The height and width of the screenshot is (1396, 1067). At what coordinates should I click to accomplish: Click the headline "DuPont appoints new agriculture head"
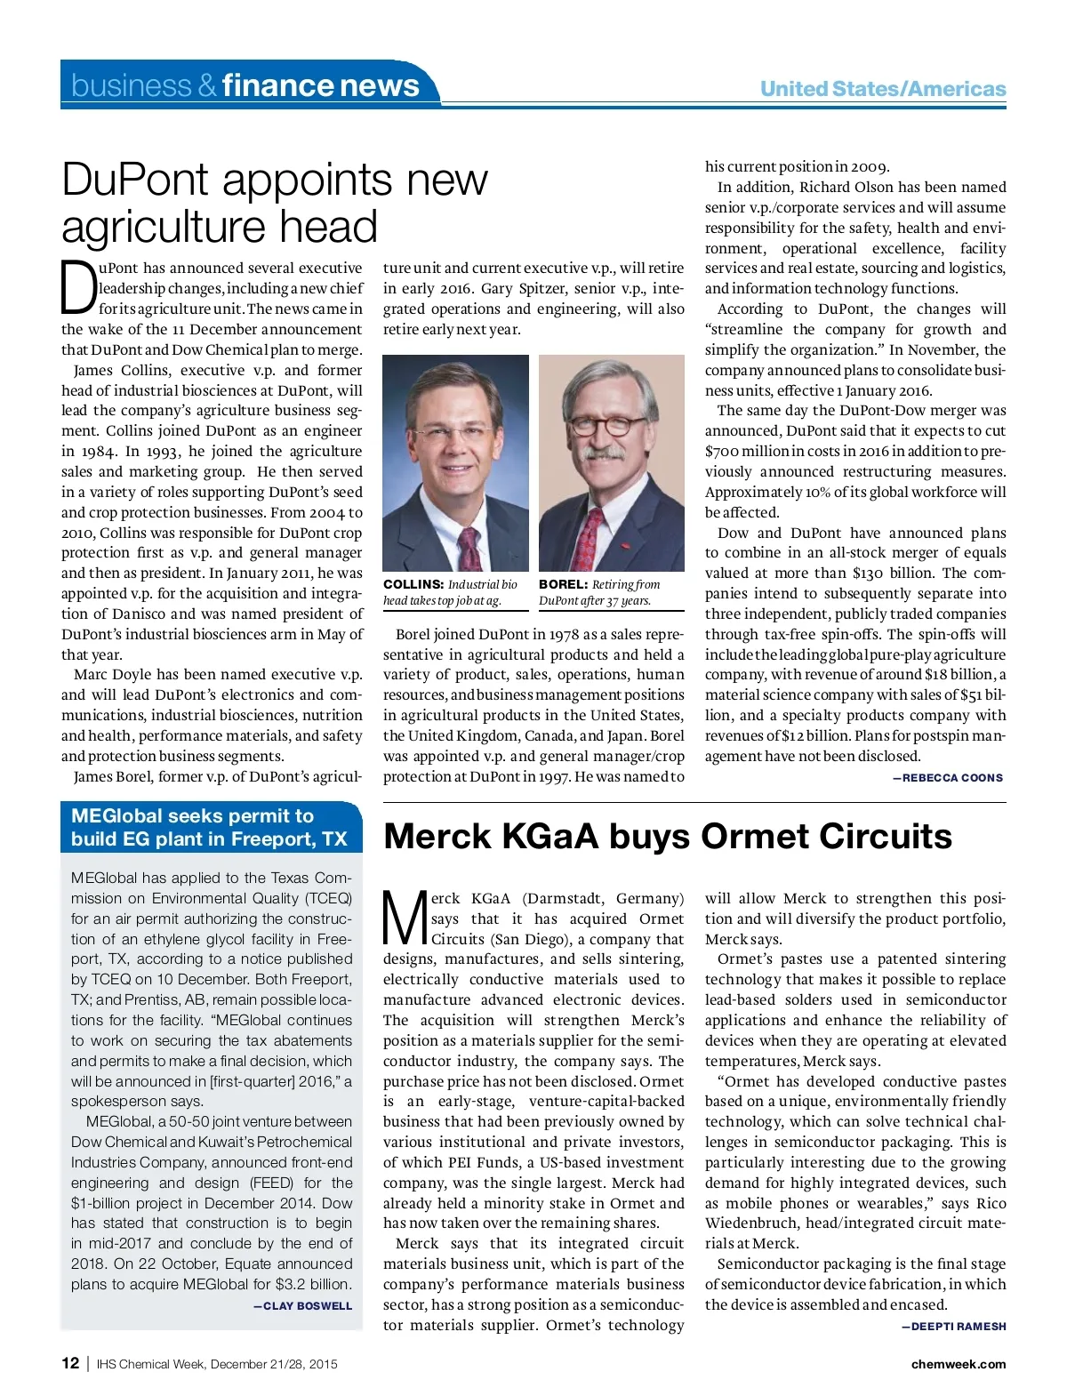274,203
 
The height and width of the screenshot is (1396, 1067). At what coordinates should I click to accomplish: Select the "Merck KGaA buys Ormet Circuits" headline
667,837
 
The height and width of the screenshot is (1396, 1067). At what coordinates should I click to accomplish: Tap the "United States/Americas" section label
882,89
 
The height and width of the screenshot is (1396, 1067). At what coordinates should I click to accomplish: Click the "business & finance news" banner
245,85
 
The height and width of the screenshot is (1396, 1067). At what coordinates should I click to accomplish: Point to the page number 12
70,1363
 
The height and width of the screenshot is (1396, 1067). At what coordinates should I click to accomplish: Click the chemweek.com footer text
959,1364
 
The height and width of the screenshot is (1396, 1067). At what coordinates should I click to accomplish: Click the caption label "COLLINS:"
413,584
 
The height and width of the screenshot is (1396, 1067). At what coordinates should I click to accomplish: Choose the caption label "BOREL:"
563,584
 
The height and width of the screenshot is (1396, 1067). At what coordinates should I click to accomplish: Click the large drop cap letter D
78,288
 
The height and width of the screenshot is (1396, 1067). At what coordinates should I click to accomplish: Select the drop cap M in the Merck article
405,918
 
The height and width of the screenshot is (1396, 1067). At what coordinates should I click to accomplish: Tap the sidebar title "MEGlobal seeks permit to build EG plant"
209,828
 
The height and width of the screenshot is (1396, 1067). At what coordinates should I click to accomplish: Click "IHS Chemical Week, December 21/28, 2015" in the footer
217,1364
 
